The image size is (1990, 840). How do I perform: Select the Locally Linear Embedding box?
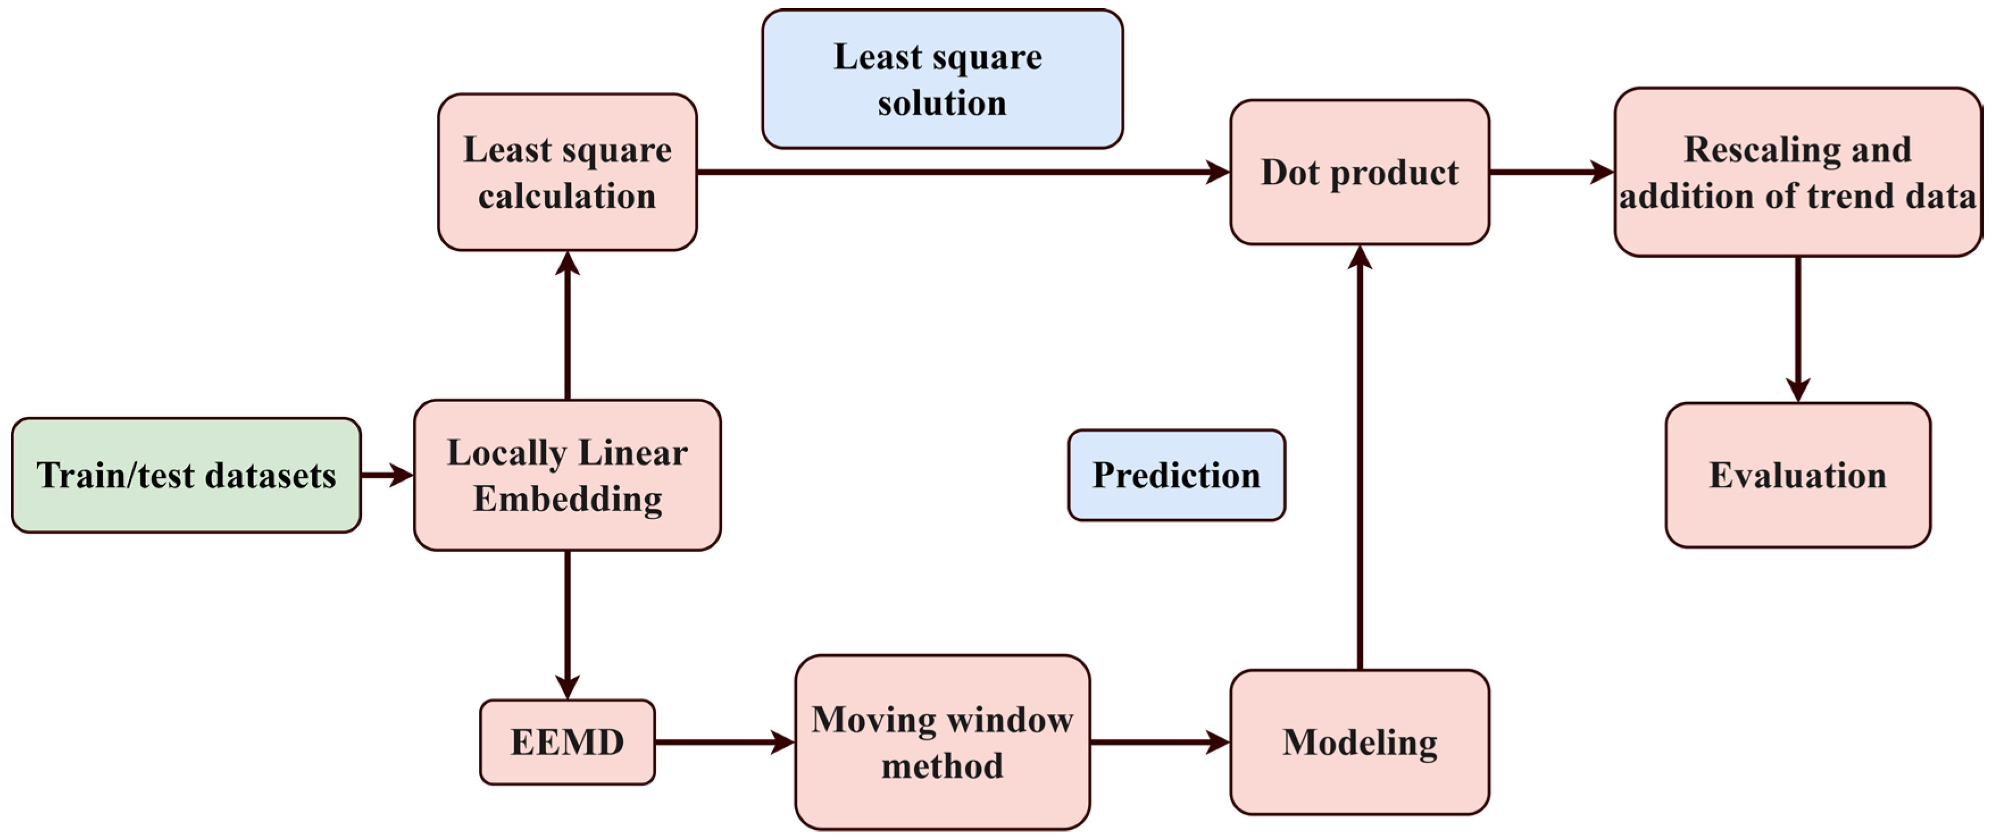click(x=567, y=475)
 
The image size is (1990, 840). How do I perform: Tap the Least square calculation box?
click(x=567, y=172)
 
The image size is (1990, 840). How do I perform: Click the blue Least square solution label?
click(x=942, y=79)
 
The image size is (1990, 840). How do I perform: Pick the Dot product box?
click(x=1359, y=172)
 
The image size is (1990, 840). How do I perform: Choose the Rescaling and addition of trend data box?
click(x=1797, y=172)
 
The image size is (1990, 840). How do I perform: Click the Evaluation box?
click(x=1797, y=475)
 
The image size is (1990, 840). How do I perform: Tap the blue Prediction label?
click(x=1176, y=475)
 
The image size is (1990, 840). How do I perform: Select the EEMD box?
click(x=567, y=742)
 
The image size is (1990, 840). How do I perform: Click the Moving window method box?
click(x=942, y=742)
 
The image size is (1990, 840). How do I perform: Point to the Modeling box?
click(x=1359, y=742)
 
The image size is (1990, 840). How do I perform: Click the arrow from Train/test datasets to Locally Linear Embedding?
click(x=386, y=475)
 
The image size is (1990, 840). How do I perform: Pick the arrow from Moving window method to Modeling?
click(x=1159, y=742)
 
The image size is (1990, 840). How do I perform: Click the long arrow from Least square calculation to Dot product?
click(x=962, y=172)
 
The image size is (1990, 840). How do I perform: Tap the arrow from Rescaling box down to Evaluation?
click(x=1797, y=328)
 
